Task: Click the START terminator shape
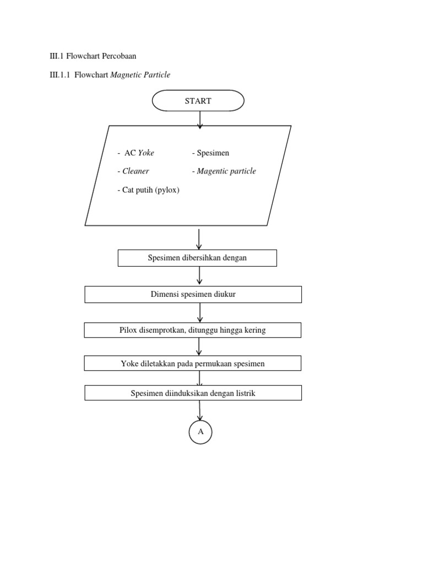(x=198, y=101)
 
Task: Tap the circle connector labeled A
(x=200, y=432)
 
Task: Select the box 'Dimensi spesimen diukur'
(x=193, y=295)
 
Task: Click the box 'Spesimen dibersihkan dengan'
(x=197, y=258)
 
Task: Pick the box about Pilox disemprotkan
(x=193, y=330)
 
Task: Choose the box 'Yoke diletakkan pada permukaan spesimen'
(x=193, y=364)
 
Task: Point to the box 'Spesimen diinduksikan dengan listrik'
(x=193, y=393)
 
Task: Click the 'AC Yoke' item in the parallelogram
(x=136, y=153)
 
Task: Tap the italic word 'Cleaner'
(x=135, y=171)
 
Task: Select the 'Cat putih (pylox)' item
(x=148, y=190)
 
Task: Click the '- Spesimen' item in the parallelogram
(x=210, y=153)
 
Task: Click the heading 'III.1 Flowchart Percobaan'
(x=93, y=56)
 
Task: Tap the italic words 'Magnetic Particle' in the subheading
(x=140, y=75)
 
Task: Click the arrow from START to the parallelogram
(x=200, y=118)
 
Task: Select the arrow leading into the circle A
(x=200, y=410)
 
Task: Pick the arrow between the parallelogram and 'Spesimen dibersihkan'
(x=199, y=239)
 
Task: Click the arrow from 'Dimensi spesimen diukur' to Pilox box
(x=200, y=312)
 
